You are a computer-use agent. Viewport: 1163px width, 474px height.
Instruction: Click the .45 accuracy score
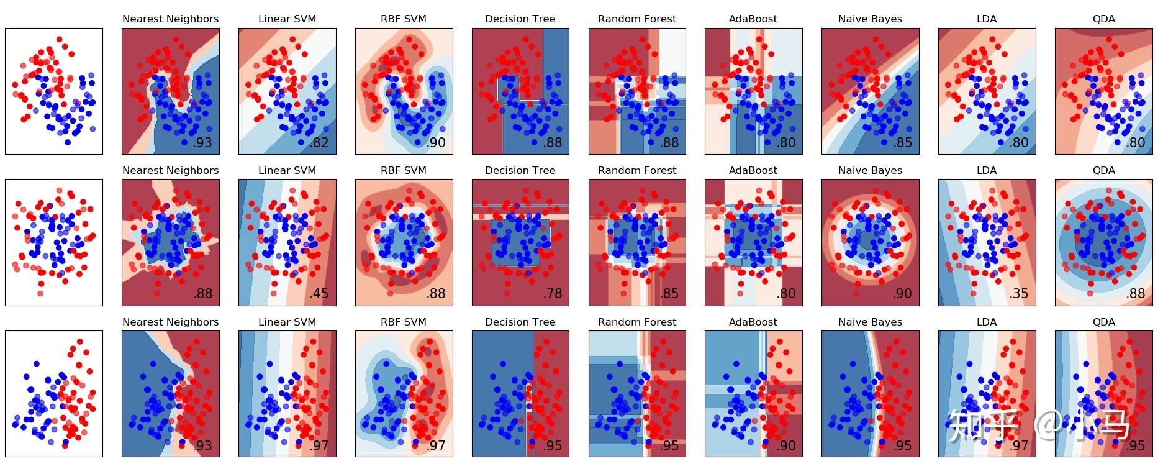tap(319, 294)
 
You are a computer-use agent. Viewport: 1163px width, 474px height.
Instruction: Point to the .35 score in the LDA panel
tap(1018, 294)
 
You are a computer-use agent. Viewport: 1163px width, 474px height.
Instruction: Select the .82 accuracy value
tap(319, 142)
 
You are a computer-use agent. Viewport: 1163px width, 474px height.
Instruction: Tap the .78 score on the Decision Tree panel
tap(552, 294)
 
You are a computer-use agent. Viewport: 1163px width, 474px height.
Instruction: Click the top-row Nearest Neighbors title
tap(170, 19)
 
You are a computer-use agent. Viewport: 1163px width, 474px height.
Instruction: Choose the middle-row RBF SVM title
tap(404, 171)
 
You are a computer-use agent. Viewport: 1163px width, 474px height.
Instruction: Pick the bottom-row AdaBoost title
tap(753, 322)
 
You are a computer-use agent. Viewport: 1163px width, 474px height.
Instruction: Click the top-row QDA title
tap(1103, 19)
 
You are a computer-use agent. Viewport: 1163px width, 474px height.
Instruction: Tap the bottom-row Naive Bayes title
tap(870, 322)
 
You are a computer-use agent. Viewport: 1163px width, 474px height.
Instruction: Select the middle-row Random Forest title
tap(637, 171)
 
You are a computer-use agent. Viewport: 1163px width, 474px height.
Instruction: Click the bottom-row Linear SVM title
tap(287, 322)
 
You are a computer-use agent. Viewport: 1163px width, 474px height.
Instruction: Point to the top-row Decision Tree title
tap(520, 19)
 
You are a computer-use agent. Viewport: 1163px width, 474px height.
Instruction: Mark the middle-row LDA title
tap(987, 171)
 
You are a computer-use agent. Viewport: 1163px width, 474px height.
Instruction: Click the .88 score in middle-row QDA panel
tap(1135, 294)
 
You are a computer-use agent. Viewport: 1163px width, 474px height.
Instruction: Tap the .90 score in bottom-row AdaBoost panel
tap(785, 445)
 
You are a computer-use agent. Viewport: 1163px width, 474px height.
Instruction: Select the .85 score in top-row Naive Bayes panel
tap(902, 142)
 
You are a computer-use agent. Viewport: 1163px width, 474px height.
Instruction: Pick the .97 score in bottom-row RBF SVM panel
tap(436, 445)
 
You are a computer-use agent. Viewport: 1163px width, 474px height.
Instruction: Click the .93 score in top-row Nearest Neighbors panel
tap(202, 142)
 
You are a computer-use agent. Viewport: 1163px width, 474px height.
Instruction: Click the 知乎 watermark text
tap(984, 426)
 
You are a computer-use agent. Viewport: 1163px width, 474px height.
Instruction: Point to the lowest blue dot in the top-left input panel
tap(68, 142)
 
